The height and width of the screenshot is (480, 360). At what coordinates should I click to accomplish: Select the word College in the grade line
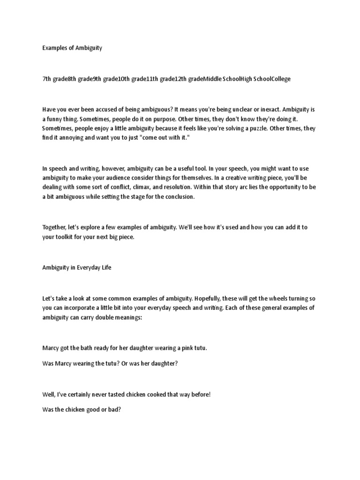(x=279, y=79)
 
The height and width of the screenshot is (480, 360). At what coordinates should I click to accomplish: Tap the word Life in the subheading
(x=105, y=267)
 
